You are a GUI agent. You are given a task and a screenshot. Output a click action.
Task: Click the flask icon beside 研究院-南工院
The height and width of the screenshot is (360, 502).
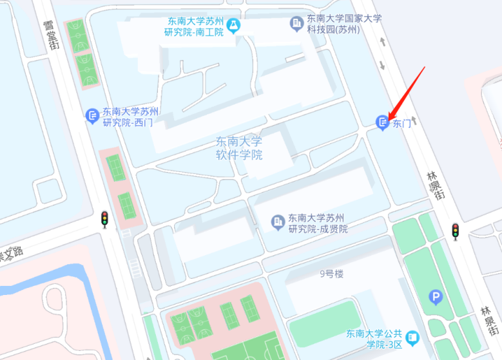(233, 25)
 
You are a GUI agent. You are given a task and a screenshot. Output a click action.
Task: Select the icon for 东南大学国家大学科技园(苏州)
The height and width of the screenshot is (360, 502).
(296, 24)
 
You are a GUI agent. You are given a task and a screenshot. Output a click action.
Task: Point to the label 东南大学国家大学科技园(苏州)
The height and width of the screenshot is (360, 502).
(343, 24)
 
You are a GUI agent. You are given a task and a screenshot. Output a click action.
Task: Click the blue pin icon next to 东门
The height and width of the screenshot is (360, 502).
(383, 122)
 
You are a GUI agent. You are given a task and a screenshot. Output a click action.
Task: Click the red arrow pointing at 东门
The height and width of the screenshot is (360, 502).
(406, 90)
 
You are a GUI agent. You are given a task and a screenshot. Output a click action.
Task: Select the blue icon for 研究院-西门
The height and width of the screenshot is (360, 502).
(92, 116)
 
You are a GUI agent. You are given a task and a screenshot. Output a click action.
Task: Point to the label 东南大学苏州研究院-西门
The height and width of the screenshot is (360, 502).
(128, 117)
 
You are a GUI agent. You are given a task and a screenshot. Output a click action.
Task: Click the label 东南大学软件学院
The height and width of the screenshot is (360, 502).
(239, 148)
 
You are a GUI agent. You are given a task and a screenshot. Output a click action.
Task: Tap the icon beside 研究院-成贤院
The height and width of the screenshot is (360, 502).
(278, 223)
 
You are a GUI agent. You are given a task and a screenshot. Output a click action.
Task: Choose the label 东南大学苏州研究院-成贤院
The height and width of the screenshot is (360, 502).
(317, 223)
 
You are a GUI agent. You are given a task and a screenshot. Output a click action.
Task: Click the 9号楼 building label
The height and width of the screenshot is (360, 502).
(331, 274)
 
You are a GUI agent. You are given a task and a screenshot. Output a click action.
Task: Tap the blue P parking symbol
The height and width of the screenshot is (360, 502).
(436, 297)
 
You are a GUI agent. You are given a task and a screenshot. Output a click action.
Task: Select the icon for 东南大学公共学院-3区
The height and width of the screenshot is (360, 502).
(412, 337)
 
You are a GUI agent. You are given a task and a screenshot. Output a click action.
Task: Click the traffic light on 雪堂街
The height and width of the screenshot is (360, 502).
(104, 219)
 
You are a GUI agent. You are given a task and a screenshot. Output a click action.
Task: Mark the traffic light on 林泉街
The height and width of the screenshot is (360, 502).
(455, 231)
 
